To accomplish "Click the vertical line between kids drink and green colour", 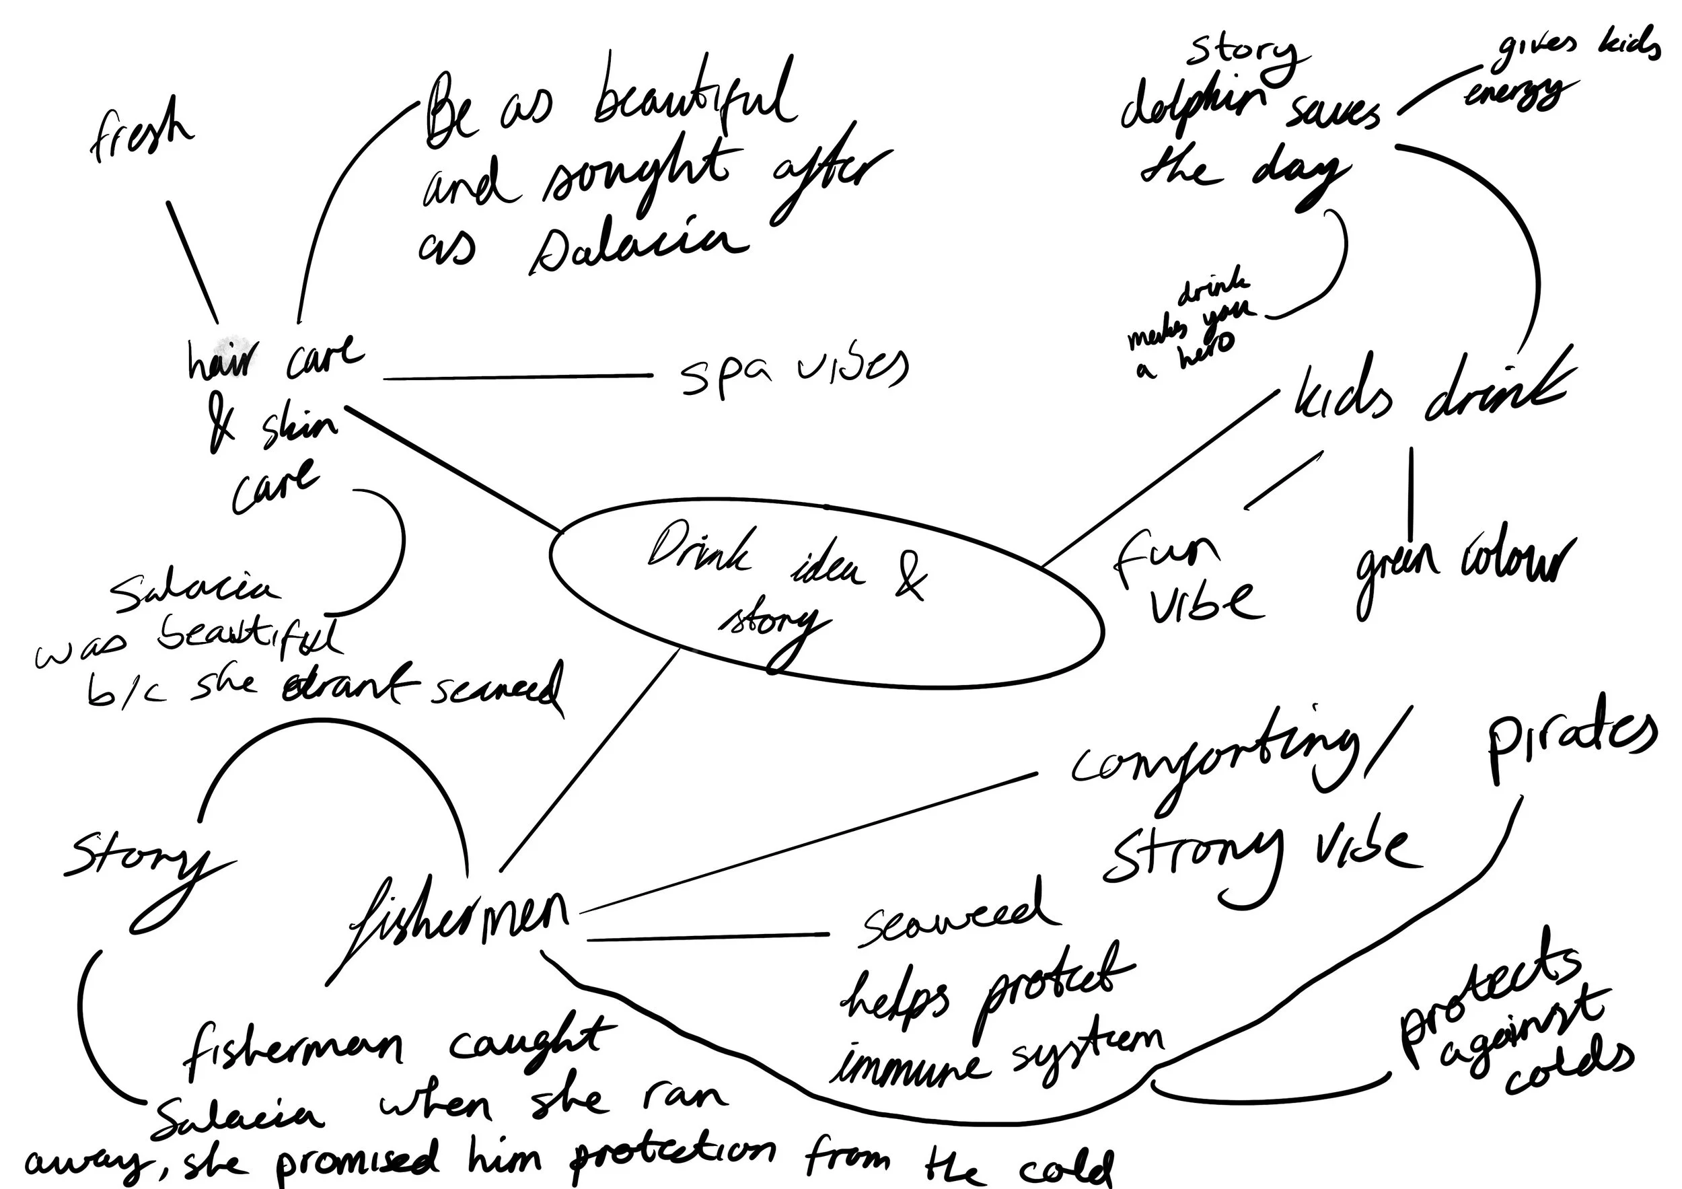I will point(1411,487).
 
